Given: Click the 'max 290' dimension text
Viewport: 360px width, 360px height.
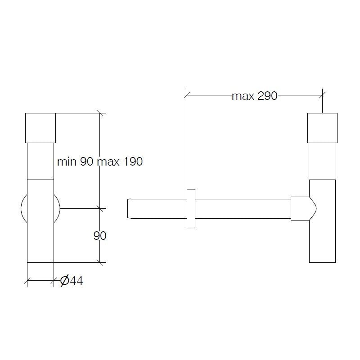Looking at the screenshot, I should (x=254, y=96).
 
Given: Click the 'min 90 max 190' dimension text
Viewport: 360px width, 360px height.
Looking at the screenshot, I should (x=100, y=162).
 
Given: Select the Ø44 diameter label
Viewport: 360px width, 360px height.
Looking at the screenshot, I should (x=71, y=281).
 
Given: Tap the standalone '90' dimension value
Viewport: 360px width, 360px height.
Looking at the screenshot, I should (x=99, y=235).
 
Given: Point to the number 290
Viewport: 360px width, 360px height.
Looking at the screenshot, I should (x=266, y=96).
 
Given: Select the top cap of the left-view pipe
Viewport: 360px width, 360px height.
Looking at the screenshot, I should (x=40, y=128).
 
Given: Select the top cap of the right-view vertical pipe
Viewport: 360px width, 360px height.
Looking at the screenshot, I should (x=322, y=128).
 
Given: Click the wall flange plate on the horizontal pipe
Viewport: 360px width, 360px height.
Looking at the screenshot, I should (x=191, y=208).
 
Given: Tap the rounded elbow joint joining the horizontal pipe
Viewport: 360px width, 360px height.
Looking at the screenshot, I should (x=304, y=208).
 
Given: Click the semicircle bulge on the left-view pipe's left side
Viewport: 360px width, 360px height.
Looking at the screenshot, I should (x=24, y=208).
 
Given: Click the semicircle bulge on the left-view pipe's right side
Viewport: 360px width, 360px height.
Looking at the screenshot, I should (x=57, y=208).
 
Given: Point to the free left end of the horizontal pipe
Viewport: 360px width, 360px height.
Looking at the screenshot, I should (x=130, y=208).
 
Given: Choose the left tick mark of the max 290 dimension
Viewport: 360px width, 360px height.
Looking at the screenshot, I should (x=187, y=94).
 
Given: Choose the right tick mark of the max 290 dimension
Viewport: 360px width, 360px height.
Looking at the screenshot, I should (x=322, y=94).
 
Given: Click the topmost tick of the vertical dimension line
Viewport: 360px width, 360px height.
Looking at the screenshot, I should (x=100, y=113).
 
